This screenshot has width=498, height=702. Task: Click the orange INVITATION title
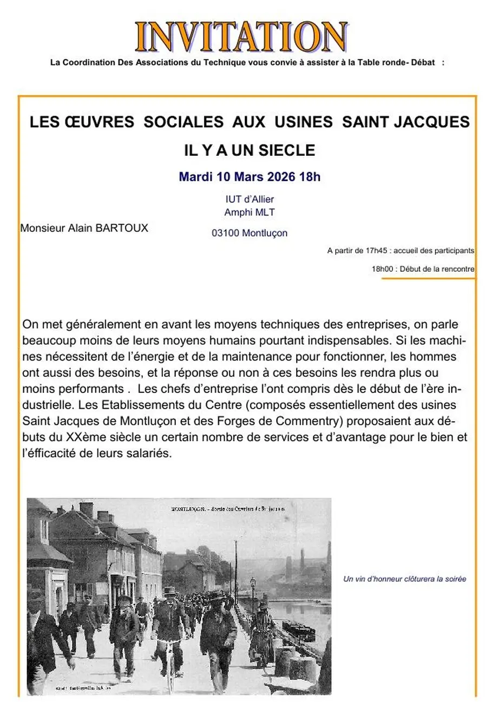coord(241,37)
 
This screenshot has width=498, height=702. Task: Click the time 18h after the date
coord(310,176)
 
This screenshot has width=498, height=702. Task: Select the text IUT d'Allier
coord(250,199)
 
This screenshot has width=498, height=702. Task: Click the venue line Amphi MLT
coord(250,212)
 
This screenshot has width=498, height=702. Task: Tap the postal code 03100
coord(226,233)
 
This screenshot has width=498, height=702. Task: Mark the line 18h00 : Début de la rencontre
coord(423,268)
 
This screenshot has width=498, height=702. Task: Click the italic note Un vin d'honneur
coord(404,579)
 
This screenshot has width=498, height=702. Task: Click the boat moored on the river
coord(298,631)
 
